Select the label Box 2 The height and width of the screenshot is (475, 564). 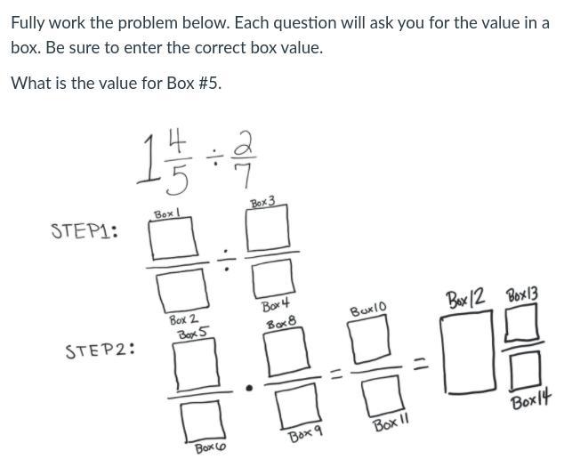click(183, 319)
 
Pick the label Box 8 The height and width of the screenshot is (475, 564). click(279, 324)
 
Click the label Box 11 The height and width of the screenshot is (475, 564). click(390, 424)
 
